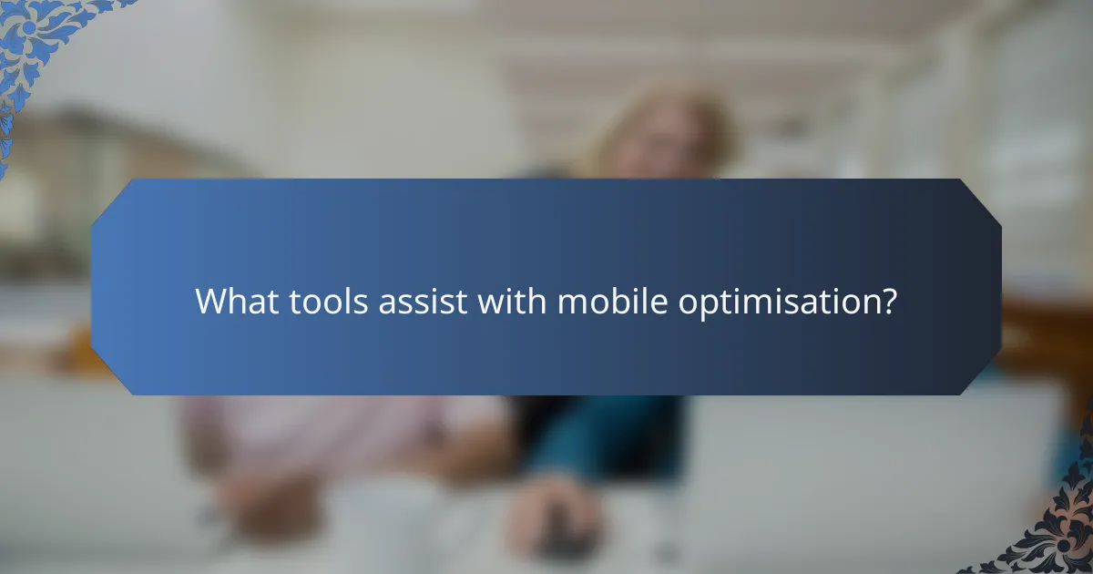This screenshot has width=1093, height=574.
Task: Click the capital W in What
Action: [x=210, y=301]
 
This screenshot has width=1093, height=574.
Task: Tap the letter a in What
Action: [x=255, y=302]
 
